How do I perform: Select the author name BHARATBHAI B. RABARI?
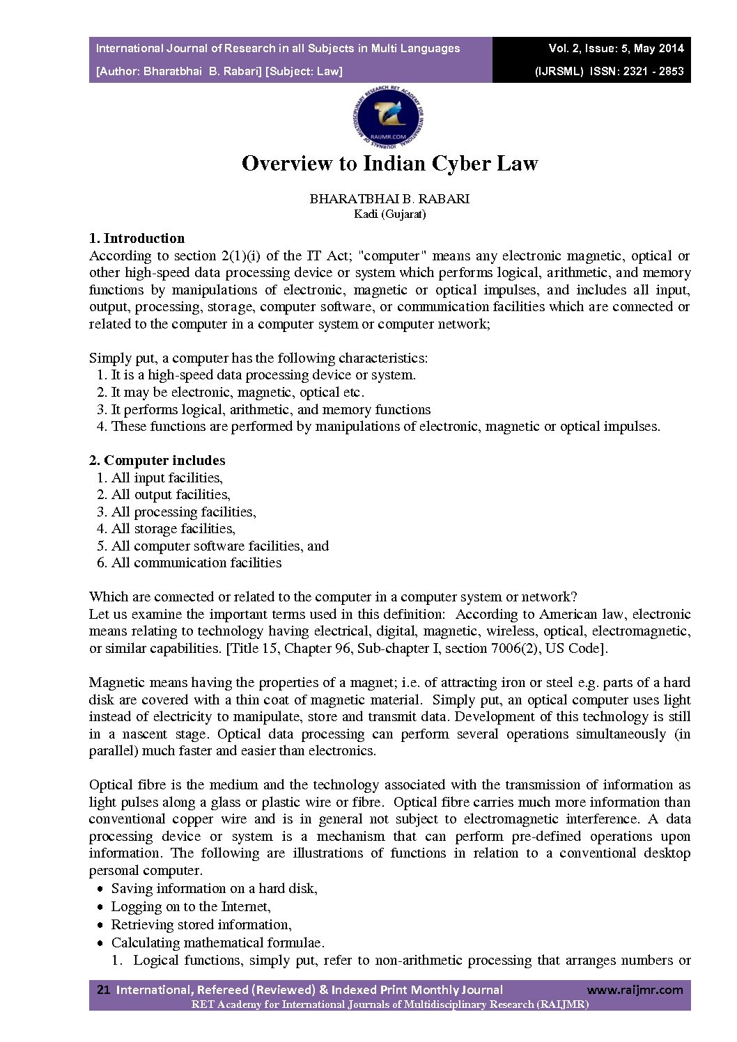click(x=389, y=199)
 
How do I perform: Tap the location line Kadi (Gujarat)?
click(x=389, y=214)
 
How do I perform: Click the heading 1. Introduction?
click(x=137, y=239)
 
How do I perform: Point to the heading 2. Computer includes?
click(x=157, y=461)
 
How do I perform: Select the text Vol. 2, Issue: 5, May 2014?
click(x=616, y=49)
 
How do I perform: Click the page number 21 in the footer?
click(x=104, y=990)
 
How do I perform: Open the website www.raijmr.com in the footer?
click(x=635, y=990)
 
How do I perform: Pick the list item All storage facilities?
click(x=173, y=529)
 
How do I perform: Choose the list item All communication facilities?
click(x=196, y=563)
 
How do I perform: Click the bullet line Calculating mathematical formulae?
click(x=217, y=943)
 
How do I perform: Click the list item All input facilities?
click(x=166, y=478)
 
